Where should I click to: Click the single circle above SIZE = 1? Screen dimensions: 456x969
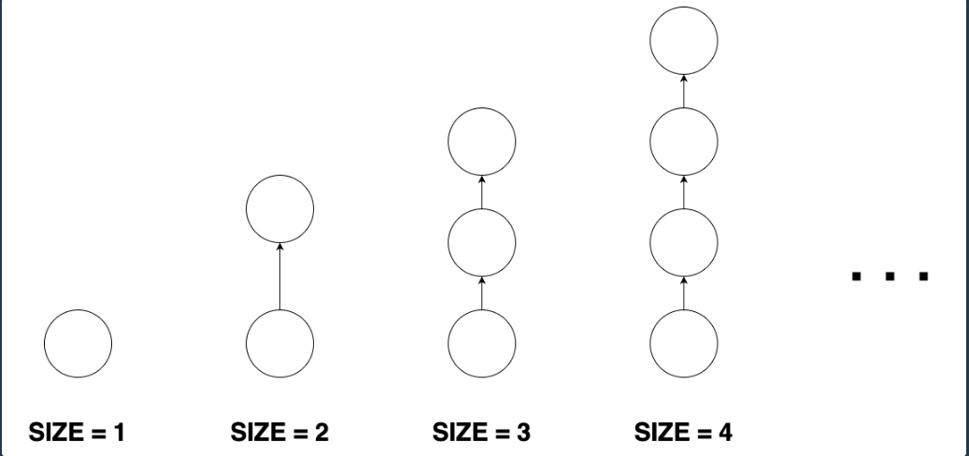tap(78, 343)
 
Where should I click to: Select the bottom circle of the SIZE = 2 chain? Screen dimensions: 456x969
tap(279, 343)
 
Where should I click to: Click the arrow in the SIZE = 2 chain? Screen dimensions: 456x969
tap(279, 277)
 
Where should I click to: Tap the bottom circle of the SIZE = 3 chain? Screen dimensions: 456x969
tap(482, 343)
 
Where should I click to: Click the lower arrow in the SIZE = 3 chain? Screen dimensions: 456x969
tap(482, 293)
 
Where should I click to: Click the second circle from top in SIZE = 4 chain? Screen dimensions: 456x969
tap(684, 140)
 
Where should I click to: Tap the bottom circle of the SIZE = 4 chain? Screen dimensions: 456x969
tap(684, 343)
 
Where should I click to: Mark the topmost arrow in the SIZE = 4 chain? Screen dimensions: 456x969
tap(684, 91)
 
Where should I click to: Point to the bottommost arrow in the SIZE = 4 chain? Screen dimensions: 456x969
tap(684, 293)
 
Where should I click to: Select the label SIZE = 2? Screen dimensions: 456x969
tap(278, 433)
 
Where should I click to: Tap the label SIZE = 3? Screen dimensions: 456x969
tap(481, 433)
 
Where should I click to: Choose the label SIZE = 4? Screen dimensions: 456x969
tap(684, 433)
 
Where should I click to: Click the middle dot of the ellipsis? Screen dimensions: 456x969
tap(890, 276)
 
